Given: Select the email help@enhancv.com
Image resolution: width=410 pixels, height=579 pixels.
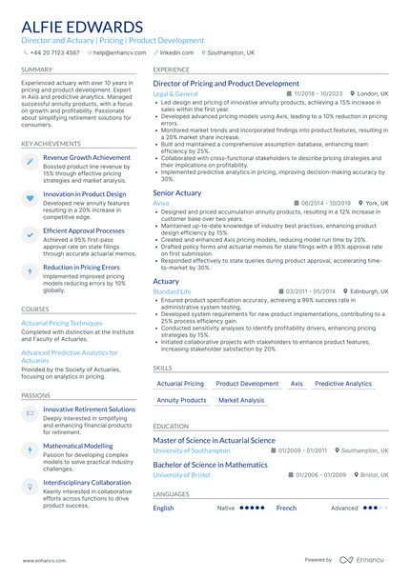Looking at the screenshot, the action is click(x=115, y=53).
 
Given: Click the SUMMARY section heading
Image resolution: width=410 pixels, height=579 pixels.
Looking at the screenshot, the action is click(x=37, y=70).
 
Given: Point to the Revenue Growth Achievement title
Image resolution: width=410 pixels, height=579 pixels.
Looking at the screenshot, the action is click(x=87, y=157).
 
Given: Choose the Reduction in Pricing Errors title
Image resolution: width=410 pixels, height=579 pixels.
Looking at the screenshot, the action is click(x=81, y=268).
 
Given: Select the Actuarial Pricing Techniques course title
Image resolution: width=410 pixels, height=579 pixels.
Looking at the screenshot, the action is click(x=61, y=323).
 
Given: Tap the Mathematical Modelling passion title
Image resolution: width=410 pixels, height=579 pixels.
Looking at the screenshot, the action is click(x=77, y=445).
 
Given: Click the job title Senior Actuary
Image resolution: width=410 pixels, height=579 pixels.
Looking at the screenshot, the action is click(x=177, y=193).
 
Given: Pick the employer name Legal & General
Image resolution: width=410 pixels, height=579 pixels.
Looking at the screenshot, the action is click(x=175, y=94).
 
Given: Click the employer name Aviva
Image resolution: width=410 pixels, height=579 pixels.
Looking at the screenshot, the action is click(x=161, y=204).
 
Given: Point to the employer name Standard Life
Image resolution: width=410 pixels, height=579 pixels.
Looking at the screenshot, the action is click(x=172, y=291).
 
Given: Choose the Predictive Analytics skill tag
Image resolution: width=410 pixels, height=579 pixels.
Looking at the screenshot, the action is click(x=343, y=384).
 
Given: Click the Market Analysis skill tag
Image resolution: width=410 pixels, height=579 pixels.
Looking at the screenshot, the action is click(x=241, y=401).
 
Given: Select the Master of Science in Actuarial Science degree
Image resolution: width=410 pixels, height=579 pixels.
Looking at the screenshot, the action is click(x=214, y=441).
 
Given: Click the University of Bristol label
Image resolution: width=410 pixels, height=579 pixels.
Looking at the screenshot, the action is click(x=181, y=474).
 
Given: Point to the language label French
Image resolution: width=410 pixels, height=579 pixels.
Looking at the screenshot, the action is click(x=286, y=509).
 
